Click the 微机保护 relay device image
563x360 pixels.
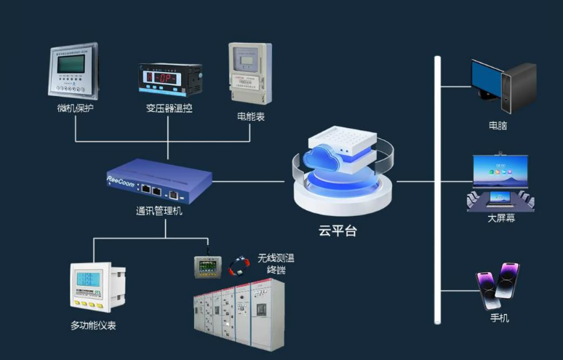coord(75,72)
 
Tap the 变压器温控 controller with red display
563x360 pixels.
coord(169,79)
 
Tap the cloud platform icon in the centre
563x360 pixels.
coord(339,172)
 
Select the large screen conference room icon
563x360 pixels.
coord(500,183)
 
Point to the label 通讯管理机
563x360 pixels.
coord(159,211)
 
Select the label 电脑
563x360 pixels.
coord(498,125)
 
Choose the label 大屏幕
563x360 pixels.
coord(500,218)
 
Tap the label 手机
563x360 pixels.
coord(500,318)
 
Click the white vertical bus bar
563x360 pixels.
coord(438,189)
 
